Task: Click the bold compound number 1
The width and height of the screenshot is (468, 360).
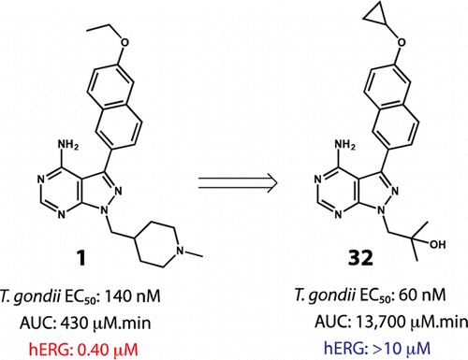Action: (80, 258)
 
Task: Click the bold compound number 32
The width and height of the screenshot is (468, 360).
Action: (360, 258)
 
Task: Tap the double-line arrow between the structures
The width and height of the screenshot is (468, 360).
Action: (238, 182)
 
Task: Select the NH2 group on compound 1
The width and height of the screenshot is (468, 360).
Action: (68, 145)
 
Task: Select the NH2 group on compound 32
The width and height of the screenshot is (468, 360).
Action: (345, 145)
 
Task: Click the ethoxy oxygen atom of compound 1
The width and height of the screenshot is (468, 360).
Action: (124, 43)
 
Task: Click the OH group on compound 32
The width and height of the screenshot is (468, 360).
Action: (438, 244)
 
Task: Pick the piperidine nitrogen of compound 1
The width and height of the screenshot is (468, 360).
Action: (180, 251)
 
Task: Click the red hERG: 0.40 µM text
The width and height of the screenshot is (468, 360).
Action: (83, 350)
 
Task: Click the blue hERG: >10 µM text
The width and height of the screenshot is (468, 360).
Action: (377, 348)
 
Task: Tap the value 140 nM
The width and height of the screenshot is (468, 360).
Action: (132, 295)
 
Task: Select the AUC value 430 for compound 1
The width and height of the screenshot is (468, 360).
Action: (75, 323)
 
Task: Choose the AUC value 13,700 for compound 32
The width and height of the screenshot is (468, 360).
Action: (380, 322)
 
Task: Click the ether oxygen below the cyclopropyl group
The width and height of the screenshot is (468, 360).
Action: (402, 42)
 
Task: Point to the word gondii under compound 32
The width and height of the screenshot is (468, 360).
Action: (331, 295)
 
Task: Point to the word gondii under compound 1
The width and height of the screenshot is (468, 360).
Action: (37, 296)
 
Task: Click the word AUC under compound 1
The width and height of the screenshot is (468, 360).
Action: (37, 323)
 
